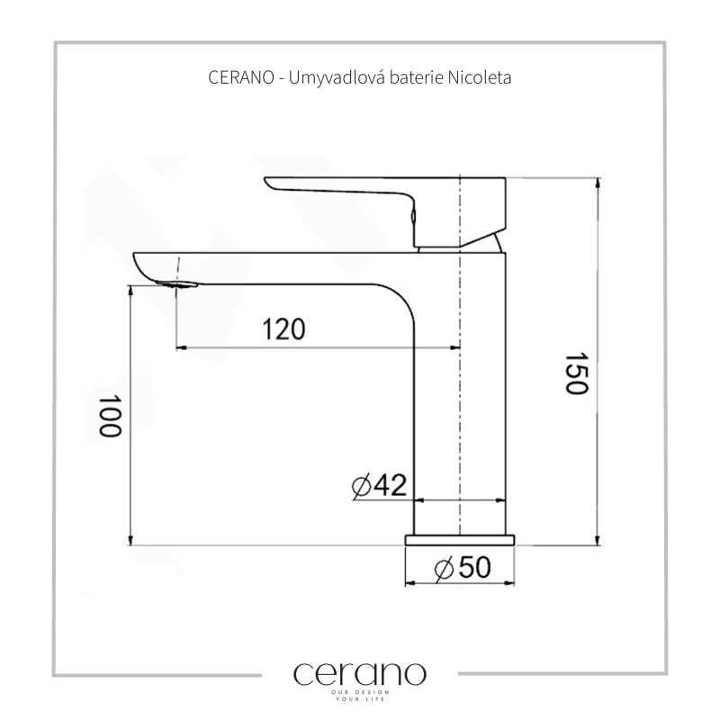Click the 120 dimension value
click(x=283, y=328)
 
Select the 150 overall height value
click(x=576, y=373)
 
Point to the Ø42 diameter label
click(x=379, y=485)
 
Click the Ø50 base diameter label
click(x=463, y=568)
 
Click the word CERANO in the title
click(x=241, y=77)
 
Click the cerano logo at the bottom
click(x=359, y=674)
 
